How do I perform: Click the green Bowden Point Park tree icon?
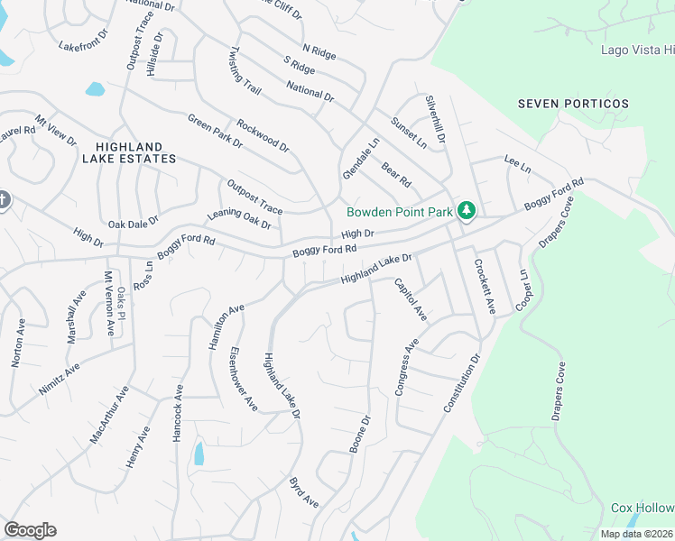pyautogui.click(x=466, y=211)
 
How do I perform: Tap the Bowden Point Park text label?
pyautogui.click(x=400, y=213)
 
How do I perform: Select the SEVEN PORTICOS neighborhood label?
pyautogui.click(x=573, y=104)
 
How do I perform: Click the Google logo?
pyautogui.click(x=30, y=530)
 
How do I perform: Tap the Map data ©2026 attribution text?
pyautogui.click(x=636, y=534)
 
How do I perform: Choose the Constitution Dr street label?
pyautogui.click(x=463, y=383)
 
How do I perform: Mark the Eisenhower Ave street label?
pyautogui.click(x=244, y=379)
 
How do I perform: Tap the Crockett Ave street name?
pyautogui.click(x=485, y=288)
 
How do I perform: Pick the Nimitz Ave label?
pyautogui.click(x=59, y=379)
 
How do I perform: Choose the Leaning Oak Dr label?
pyautogui.click(x=239, y=218)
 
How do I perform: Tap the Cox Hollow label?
pyautogui.click(x=643, y=508)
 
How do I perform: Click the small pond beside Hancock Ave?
pyautogui.click(x=199, y=454)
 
